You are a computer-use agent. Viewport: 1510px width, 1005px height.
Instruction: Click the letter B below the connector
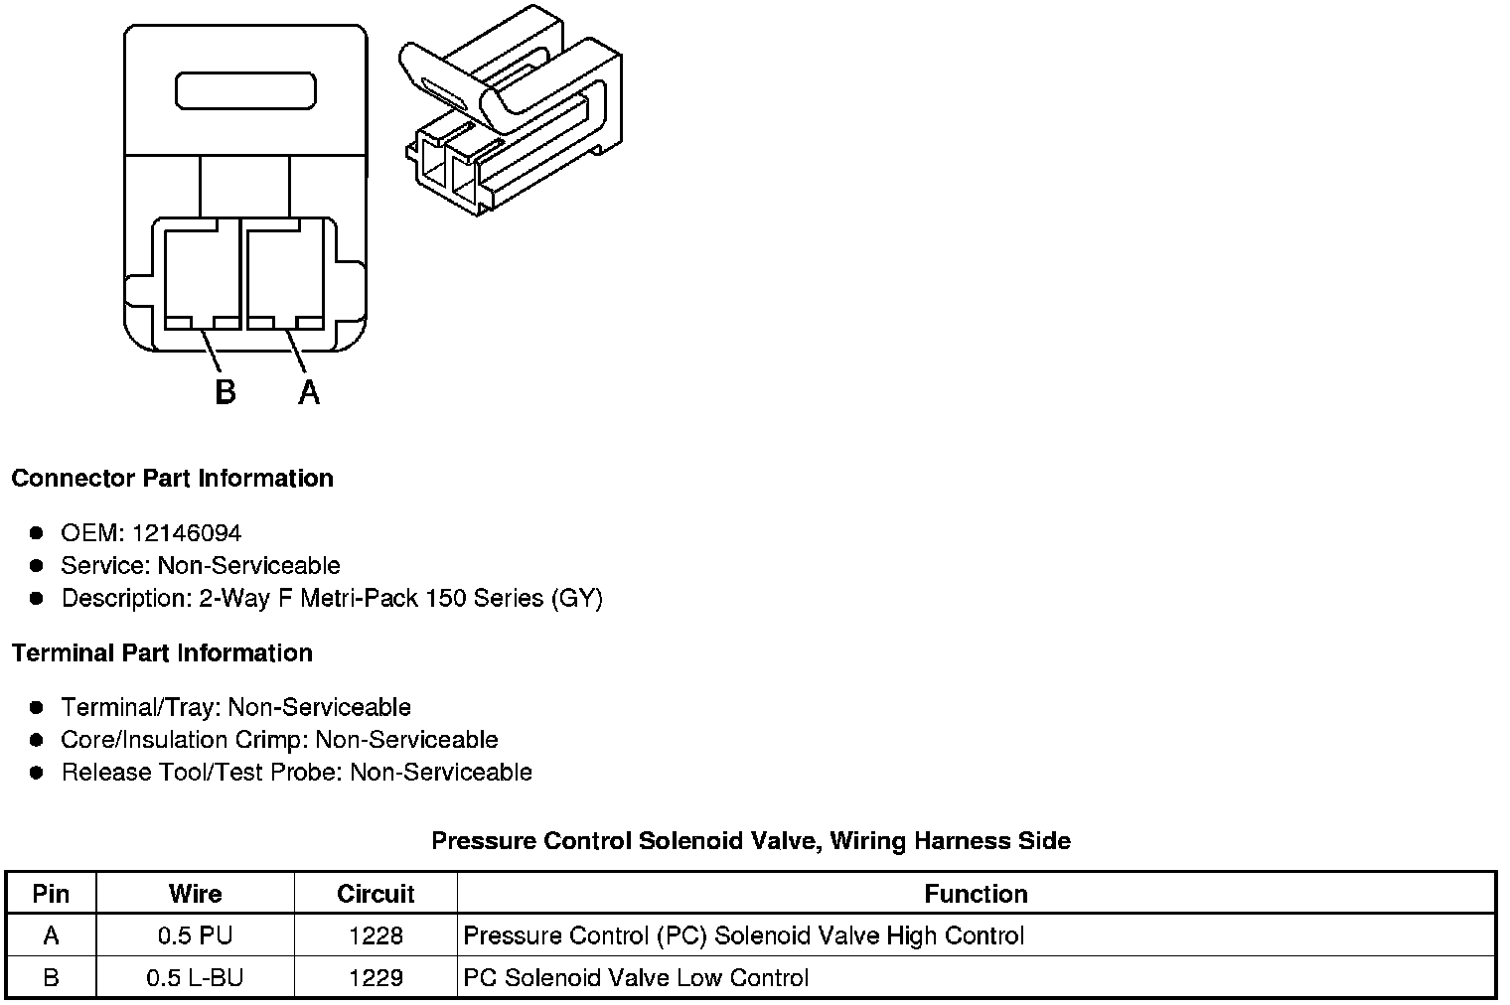pos(226,392)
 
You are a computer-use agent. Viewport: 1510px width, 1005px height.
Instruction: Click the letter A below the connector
pos(309,392)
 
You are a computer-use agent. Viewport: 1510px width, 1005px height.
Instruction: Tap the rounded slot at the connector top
pos(245,90)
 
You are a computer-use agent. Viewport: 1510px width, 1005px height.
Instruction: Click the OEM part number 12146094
pos(186,533)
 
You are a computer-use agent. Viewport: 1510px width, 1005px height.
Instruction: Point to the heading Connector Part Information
pos(172,479)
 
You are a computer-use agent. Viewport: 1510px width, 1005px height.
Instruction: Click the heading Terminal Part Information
pos(162,653)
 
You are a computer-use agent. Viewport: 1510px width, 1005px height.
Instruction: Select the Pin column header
pos(51,894)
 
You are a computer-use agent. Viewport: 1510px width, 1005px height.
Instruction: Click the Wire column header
pos(195,894)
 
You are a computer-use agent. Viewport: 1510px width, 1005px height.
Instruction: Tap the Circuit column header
pos(376,894)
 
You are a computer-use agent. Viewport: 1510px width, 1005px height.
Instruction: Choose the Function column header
pos(976,894)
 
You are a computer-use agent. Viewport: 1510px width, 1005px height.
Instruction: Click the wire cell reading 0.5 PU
pos(195,935)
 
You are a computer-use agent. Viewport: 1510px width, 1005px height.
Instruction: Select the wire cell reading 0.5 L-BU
pos(195,978)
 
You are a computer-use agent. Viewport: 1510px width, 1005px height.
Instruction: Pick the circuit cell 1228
pos(376,935)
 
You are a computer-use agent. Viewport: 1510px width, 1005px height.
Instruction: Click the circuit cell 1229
pos(376,978)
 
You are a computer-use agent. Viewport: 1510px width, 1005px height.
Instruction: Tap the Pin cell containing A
pos(51,935)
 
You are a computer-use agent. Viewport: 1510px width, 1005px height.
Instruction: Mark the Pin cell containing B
pos(51,978)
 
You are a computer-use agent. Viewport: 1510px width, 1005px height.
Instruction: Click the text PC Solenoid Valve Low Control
pos(636,978)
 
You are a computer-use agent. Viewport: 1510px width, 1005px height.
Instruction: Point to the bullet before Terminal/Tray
pos(37,708)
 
